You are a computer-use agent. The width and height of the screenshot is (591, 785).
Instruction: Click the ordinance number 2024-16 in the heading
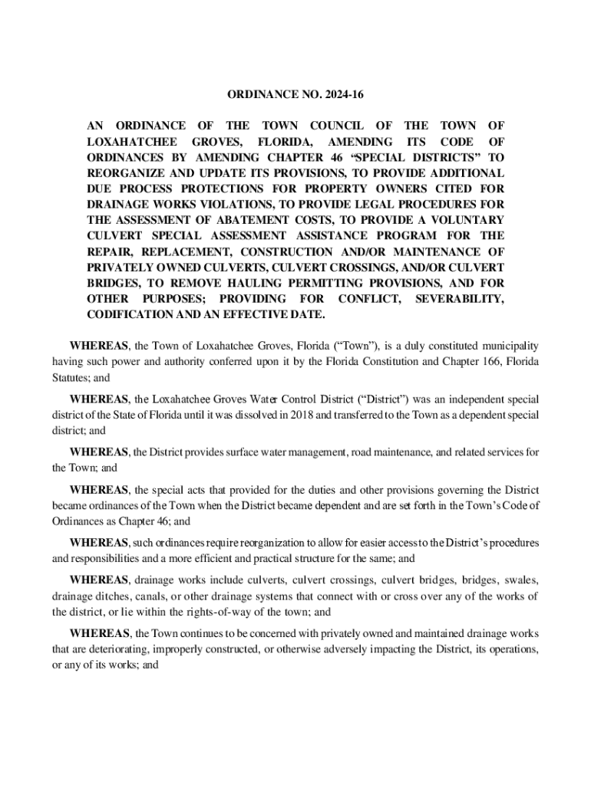point(342,95)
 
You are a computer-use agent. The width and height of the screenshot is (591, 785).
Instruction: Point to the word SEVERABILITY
point(459,298)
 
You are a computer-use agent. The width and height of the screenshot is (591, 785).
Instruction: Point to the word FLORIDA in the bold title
point(278,142)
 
